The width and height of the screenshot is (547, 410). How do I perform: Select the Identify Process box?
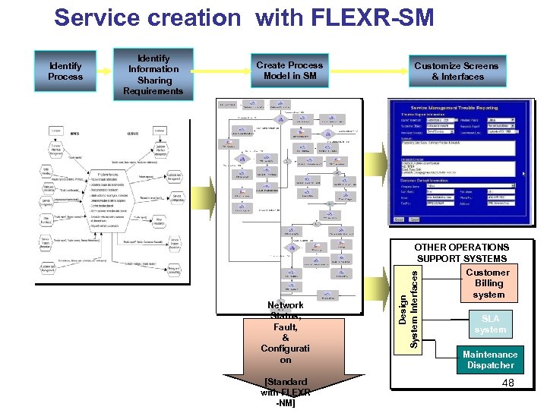pos(65,71)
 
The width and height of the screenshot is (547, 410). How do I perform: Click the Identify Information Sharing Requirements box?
pos(154,74)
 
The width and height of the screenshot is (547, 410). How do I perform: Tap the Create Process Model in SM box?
pos(289,71)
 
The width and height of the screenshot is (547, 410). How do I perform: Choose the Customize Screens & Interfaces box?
pos(456,71)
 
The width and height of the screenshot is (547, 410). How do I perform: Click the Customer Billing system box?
pos(488,283)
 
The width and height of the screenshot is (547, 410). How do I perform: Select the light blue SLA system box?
pos(490,324)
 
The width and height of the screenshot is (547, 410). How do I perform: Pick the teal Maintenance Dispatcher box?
pos(490,359)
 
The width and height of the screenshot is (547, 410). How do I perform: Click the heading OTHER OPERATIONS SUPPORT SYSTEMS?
pos(461,253)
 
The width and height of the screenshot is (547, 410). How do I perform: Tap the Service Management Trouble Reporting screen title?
pos(461,109)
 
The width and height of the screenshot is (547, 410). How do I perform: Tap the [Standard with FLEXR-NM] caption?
pos(285,392)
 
